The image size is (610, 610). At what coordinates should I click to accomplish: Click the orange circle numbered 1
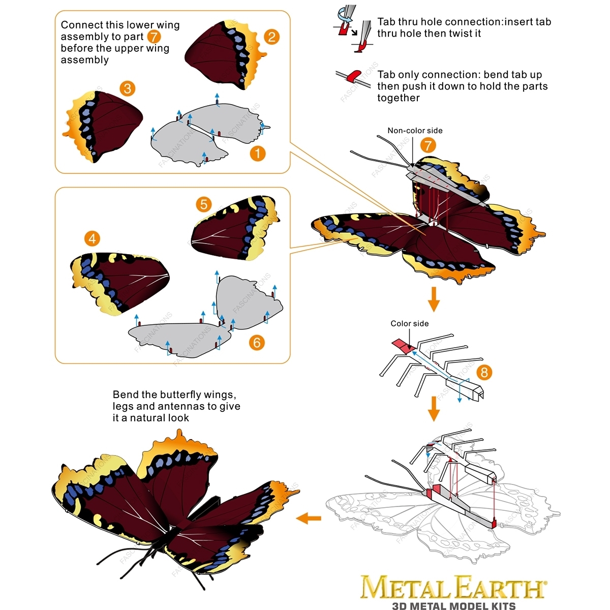(x=257, y=154)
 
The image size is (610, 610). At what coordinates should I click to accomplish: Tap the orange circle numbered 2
(x=271, y=37)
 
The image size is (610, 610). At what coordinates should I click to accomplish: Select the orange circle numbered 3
(x=128, y=88)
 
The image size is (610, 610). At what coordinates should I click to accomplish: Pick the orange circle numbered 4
(x=92, y=239)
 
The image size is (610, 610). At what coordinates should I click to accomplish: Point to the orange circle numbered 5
(x=203, y=204)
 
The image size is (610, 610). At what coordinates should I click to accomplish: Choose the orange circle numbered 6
(x=257, y=343)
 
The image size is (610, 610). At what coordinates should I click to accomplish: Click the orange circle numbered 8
(x=484, y=372)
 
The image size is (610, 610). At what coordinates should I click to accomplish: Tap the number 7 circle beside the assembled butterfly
(x=428, y=145)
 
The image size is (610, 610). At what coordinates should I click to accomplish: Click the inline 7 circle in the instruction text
(x=154, y=37)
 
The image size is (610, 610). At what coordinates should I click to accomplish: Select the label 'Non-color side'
(x=415, y=131)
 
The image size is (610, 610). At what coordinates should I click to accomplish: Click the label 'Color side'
(x=409, y=323)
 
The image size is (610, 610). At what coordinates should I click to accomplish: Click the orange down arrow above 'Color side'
(x=434, y=299)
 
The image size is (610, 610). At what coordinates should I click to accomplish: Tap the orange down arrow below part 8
(x=434, y=409)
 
